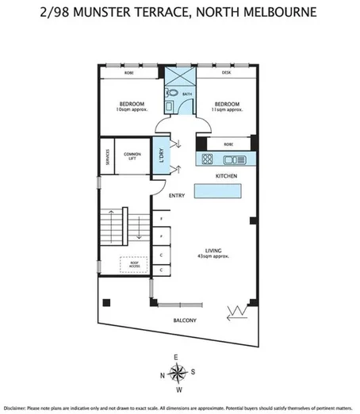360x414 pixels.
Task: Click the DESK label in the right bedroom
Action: coord(226,71)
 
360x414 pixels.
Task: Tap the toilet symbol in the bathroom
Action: coord(172,94)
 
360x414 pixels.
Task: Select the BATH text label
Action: coord(187,94)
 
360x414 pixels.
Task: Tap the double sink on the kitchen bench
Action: coord(241,159)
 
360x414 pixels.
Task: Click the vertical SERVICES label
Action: coord(105,156)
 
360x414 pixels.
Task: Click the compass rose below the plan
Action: coord(181,373)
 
